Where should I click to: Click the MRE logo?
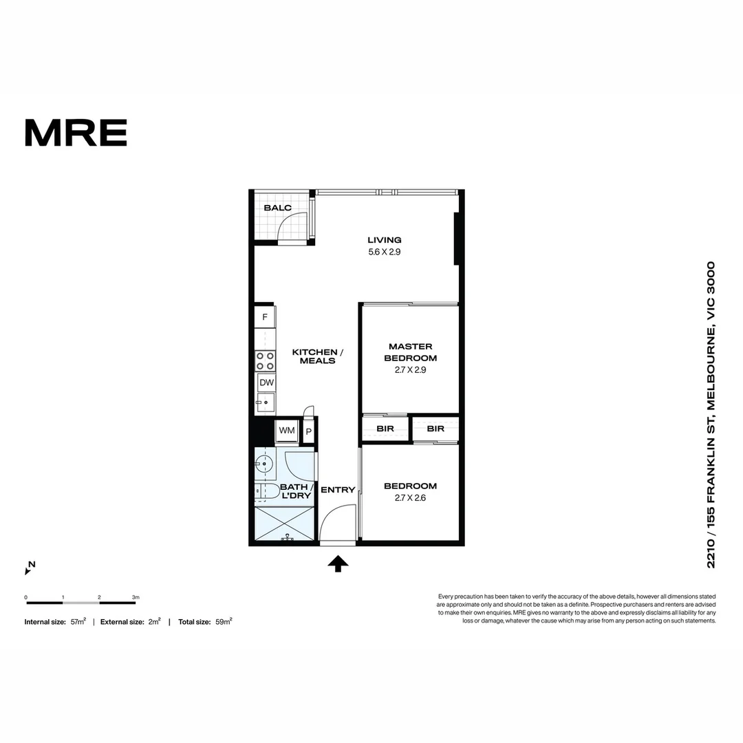[x=76, y=133]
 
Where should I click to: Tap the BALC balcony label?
[x=277, y=208]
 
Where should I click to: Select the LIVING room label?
[x=384, y=240]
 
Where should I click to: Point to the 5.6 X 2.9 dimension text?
[x=384, y=252]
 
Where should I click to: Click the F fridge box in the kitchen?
[x=265, y=317]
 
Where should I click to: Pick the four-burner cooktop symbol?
[x=265, y=360]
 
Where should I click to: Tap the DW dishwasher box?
[x=266, y=383]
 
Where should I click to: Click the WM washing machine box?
[x=286, y=431]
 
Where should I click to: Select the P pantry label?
[x=309, y=431]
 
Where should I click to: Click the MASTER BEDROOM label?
[x=410, y=352]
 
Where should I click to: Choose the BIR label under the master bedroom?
[x=385, y=429]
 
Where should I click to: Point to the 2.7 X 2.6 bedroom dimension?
[x=410, y=498]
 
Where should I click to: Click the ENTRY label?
[x=338, y=490]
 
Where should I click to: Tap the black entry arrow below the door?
[x=337, y=564]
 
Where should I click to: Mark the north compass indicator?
[x=30, y=568]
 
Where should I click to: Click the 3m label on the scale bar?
[x=136, y=597]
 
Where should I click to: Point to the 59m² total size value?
[x=223, y=621]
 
